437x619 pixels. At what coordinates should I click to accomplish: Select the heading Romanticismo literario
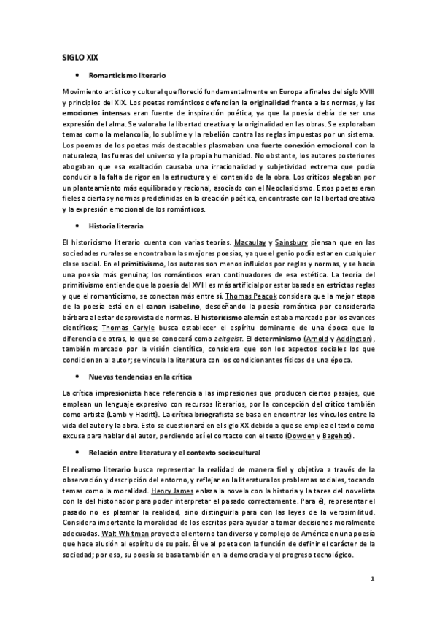pyautogui.click(x=127, y=75)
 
